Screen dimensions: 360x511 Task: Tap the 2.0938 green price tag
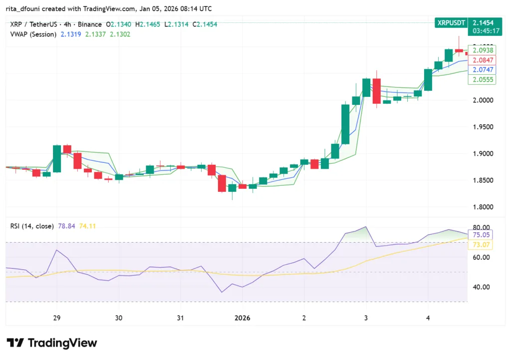coord(482,50)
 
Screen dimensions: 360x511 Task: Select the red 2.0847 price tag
coord(482,60)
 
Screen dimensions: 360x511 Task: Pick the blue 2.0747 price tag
coord(482,70)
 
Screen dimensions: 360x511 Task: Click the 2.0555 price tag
coord(482,80)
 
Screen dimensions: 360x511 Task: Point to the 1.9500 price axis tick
coord(482,127)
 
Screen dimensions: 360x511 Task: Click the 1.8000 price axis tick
coord(482,207)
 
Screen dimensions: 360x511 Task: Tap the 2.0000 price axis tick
coord(482,100)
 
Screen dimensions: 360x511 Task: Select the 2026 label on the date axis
coord(243,318)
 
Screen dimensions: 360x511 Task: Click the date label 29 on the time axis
coord(56,318)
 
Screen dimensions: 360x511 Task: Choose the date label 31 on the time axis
coord(180,318)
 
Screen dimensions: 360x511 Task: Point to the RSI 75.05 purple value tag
coord(482,235)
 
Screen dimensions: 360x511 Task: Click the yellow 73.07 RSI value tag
coord(482,245)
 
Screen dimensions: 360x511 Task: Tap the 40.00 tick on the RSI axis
coord(481,287)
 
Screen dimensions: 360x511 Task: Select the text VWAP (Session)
coord(33,34)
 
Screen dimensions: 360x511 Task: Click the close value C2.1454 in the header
coord(202,24)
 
